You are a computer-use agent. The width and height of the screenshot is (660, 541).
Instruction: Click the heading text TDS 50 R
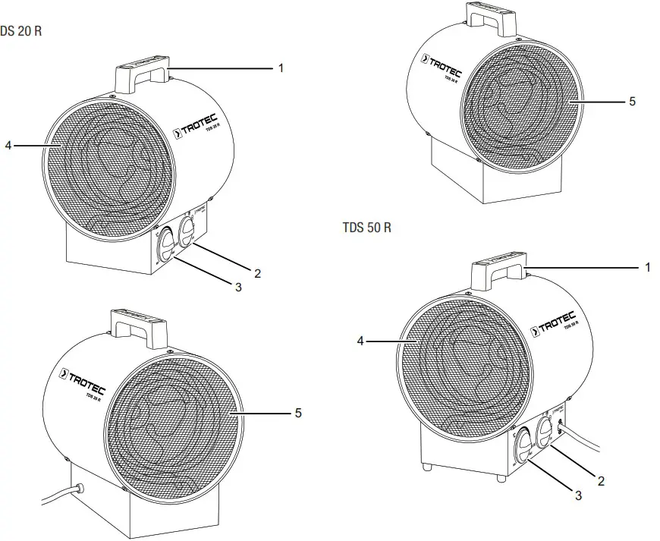pyautogui.click(x=366, y=228)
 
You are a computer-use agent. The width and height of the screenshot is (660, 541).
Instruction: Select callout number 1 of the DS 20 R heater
pyautogui.click(x=280, y=68)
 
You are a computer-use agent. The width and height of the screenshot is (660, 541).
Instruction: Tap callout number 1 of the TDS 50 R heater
pyautogui.click(x=647, y=267)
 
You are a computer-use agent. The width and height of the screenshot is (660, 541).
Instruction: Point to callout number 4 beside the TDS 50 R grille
pyautogui.click(x=361, y=341)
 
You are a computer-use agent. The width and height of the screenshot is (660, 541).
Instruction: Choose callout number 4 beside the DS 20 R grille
pyautogui.click(x=8, y=145)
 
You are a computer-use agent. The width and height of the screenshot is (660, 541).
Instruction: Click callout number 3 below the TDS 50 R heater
pyautogui.click(x=578, y=495)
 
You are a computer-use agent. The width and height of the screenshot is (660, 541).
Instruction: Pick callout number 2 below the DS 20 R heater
pyautogui.click(x=257, y=273)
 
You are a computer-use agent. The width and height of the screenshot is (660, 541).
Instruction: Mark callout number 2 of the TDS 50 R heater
pyautogui.click(x=601, y=480)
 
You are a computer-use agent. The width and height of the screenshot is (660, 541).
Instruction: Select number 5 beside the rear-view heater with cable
pyautogui.click(x=298, y=413)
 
